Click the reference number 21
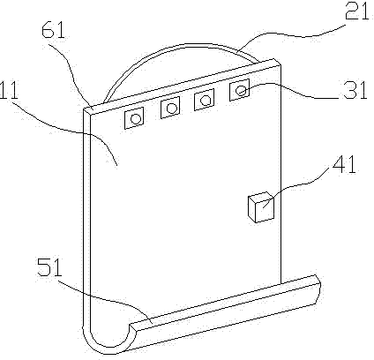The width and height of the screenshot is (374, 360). [x=356, y=12]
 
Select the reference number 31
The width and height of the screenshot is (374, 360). [x=355, y=90]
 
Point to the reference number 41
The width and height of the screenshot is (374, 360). [x=344, y=164]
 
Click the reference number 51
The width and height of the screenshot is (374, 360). [x=50, y=267]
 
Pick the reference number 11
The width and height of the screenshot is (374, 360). [x=9, y=90]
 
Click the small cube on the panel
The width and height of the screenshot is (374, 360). [x=261, y=207]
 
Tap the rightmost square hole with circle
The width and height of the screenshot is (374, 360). [x=239, y=90]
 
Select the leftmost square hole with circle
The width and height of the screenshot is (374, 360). [x=134, y=118]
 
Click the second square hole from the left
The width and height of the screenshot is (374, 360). [x=170, y=108]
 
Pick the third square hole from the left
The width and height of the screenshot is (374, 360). [x=204, y=100]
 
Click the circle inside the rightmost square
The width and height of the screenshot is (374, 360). [x=241, y=90]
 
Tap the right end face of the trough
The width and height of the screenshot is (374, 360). [x=317, y=289]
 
